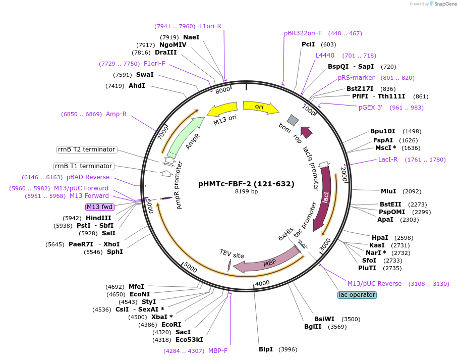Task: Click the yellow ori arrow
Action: pos(260,107)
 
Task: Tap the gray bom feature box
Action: pos(293,120)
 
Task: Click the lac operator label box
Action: pos(357,295)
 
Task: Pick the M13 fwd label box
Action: pos(100,207)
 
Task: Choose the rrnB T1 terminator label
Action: pos(84,166)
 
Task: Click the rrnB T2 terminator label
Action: pos(87,149)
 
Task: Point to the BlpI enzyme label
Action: pos(266,349)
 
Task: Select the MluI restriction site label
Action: pos(388,191)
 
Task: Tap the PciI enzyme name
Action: pos(308,44)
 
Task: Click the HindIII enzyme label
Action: pos(98,218)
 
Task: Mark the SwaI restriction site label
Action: pos(145,75)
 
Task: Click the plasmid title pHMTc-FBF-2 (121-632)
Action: pos(246,184)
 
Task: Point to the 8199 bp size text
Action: pos(246,192)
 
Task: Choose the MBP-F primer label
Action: pos(218,351)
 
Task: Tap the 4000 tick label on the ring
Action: pos(263,284)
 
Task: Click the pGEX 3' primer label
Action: pos(371,108)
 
